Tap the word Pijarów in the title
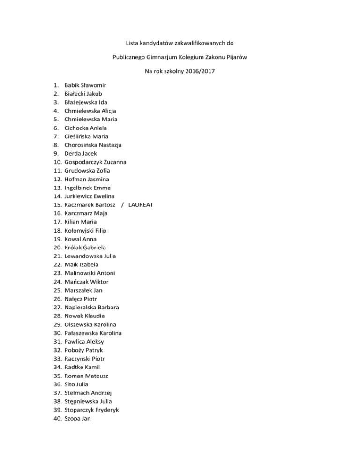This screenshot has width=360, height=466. [237, 57]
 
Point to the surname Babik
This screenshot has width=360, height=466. [73, 85]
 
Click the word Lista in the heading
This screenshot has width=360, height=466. [134, 43]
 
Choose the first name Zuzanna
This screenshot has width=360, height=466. [120, 162]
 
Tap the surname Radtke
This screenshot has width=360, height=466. [74, 367]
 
